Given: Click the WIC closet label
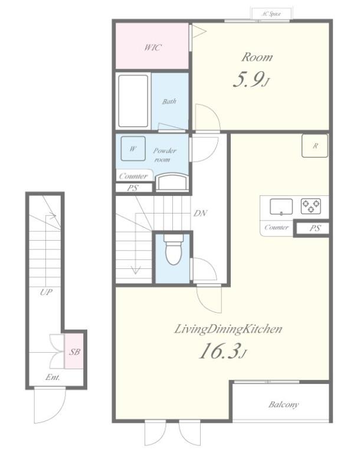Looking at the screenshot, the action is [x=153, y=47].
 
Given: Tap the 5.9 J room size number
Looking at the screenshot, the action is [x=251, y=80].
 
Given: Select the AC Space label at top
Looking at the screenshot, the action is [x=271, y=14].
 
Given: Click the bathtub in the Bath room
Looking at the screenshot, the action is [x=133, y=101].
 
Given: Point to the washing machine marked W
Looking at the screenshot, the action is [x=133, y=149].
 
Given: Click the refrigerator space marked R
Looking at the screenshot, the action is [x=315, y=146].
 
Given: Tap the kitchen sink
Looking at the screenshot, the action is [x=281, y=207].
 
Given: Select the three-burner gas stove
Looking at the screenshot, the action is [x=311, y=206].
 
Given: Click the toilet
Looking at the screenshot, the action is [x=174, y=250].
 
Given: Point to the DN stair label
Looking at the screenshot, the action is [x=201, y=213].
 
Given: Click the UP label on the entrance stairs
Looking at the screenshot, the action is [x=46, y=292].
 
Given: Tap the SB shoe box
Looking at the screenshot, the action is [x=74, y=351].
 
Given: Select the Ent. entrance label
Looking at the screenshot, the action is [x=53, y=377].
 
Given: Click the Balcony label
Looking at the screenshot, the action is [x=283, y=405].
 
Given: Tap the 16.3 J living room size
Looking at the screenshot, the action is [x=222, y=350].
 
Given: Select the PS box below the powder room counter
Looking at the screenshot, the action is [x=133, y=188].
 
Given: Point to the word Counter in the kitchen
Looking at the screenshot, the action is [x=277, y=227].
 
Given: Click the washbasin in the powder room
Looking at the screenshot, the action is [x=172, y=182].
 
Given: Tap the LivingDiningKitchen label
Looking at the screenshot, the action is [x=228, y=329].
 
